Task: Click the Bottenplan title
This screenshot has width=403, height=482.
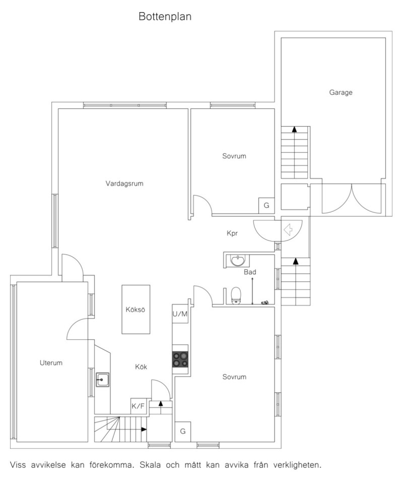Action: pos(165,16)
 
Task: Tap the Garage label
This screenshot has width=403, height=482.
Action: pos(341,92)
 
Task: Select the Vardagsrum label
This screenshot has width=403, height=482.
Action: pos(124,184)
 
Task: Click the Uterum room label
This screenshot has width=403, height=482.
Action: pos(51,363)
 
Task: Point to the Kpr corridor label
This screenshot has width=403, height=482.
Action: pos(232,233)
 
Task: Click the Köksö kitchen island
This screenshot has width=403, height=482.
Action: pos(136,309)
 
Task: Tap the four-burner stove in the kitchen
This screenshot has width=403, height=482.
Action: pos(180,359)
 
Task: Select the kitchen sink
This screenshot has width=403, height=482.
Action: pos(103,379)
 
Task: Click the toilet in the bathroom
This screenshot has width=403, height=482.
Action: pos(236,295)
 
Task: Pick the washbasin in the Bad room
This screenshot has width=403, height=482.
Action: pos(237,260)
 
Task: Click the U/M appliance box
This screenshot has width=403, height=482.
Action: pos(180,314)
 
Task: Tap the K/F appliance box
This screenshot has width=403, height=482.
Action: pos(138,406)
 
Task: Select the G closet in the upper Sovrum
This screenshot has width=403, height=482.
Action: pos(266,205)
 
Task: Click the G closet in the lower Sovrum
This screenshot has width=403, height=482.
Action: pos(183,431)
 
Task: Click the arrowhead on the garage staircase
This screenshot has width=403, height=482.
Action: pos(294,129)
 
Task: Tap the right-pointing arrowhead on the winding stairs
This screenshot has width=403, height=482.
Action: pos(144,429)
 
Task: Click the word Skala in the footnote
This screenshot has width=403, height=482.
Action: pos(150,465)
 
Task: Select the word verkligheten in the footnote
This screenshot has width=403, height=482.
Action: pos(297,465)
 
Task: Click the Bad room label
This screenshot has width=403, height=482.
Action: pos(250,272)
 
